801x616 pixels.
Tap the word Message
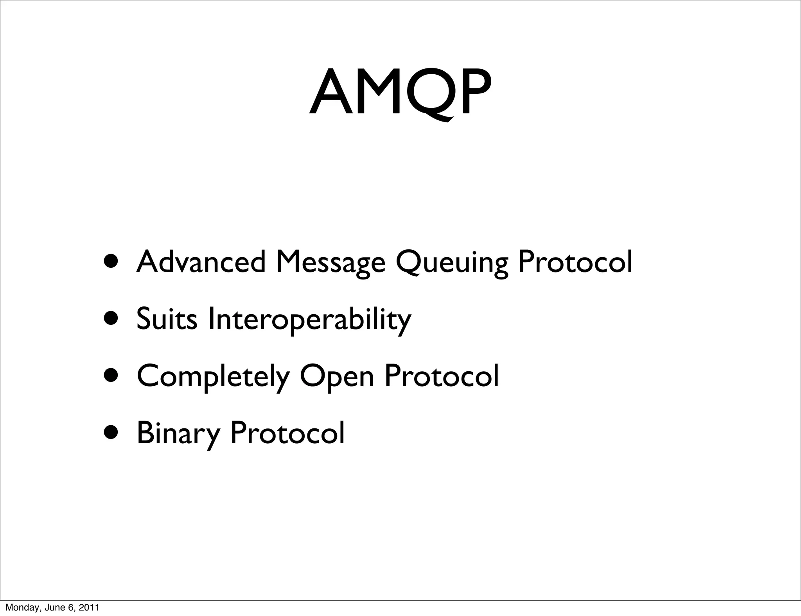pos(330,263)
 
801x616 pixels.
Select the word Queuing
pos(452,263)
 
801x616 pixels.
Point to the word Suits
pos(167,319)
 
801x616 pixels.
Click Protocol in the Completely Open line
pos(442,376)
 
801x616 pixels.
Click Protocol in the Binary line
pos(287,433)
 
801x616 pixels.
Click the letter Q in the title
pos(429,94)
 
